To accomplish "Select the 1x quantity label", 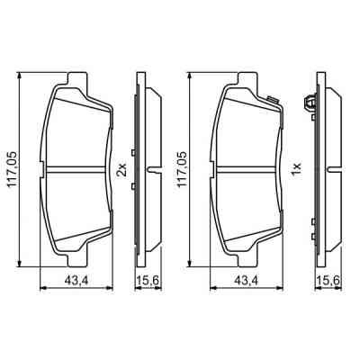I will point(296,166).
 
